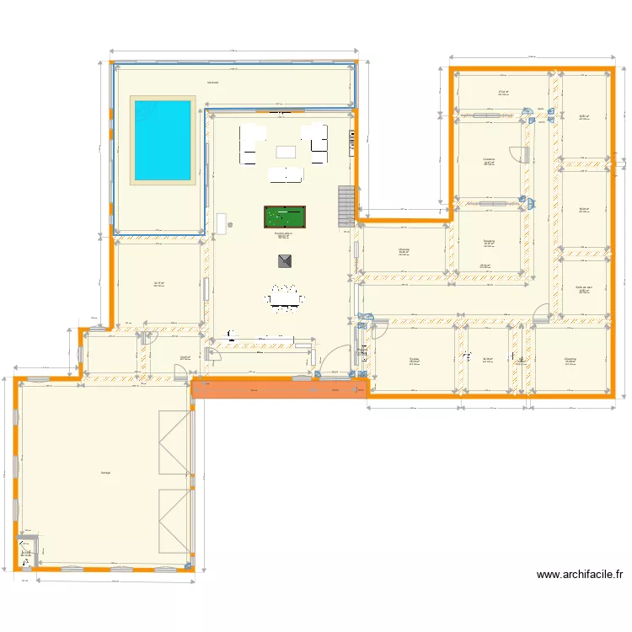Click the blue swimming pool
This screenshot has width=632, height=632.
click(x=160, y=140)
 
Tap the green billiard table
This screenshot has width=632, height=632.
click(x=284, y=217)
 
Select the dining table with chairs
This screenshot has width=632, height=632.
click(x=284, y=297)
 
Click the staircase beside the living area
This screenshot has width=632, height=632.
click(x=345, y=206)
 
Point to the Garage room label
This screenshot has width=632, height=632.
click(x=105, y=473)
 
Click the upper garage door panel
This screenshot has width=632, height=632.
click(x=174, y=443)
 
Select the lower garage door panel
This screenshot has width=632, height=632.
click(x=174, y=523)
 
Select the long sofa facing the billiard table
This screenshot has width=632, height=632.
click(x=285, y=175)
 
